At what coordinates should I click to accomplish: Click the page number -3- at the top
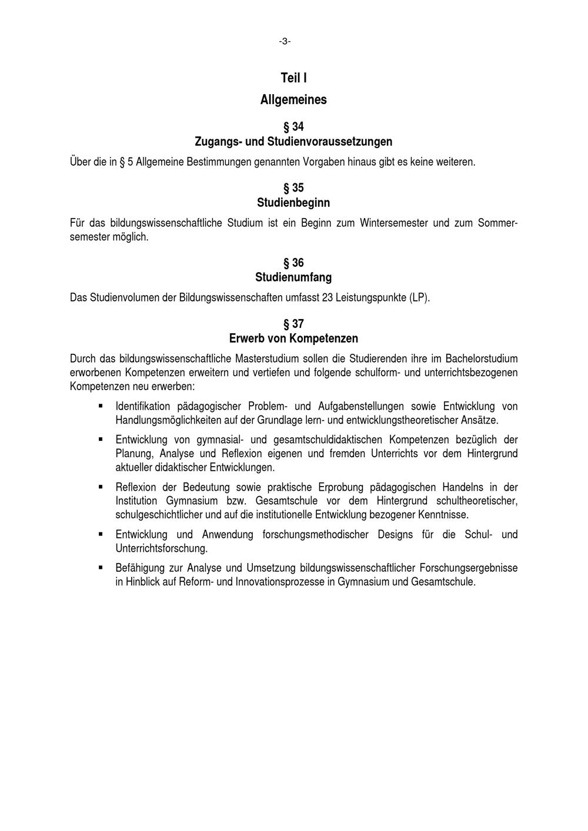(285, 41)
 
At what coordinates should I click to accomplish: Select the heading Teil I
(293, 78)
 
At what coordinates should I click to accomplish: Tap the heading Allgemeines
(293, 100)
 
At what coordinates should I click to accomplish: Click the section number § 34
(293, 127)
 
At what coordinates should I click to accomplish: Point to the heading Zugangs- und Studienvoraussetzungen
(293, 142)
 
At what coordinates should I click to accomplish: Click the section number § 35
(293, 188)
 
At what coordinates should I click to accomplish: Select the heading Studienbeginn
(293, 203)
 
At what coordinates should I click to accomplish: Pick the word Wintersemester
(393, 223)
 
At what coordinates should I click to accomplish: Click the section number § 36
(293, 263)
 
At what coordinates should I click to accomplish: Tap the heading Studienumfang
(293, 277)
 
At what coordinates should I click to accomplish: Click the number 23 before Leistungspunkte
(328, 298)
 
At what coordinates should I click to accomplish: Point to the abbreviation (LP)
(420, 298)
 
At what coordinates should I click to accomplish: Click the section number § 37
(293, 324)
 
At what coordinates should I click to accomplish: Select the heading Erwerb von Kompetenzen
(293, 339)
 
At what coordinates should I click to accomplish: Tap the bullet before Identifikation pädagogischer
(101, 406)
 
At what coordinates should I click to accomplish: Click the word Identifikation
(143, 406)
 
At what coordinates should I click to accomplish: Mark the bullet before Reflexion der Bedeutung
(101, 487)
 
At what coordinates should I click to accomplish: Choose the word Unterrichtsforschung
(161, 549)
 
